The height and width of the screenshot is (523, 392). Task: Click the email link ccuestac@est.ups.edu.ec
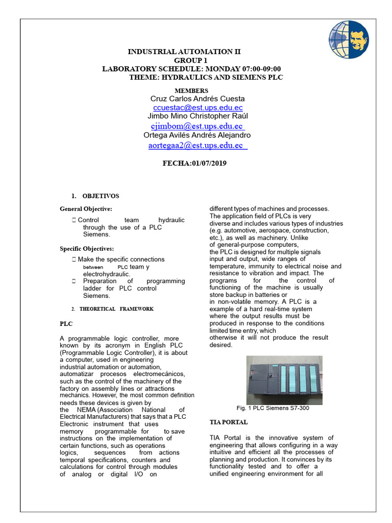198,108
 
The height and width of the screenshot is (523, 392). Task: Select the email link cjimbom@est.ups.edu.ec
197,126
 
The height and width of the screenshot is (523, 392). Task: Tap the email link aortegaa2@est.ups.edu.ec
197,146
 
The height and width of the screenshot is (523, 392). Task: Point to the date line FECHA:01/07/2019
194,163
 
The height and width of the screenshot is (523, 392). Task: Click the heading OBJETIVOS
101,196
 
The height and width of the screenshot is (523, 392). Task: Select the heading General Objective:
86,209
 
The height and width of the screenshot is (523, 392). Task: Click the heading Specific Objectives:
87,249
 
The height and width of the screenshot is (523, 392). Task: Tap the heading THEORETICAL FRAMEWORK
116,309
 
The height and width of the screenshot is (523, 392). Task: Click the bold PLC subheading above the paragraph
66,324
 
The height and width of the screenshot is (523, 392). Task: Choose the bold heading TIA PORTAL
229,422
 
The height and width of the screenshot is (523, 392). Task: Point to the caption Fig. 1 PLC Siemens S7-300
273,408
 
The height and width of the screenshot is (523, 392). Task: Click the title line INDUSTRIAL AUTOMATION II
184,52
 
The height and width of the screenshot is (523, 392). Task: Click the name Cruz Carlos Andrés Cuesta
198,99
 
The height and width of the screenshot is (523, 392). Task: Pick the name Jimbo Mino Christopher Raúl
197,116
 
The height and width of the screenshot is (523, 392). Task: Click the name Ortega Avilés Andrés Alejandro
197,135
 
